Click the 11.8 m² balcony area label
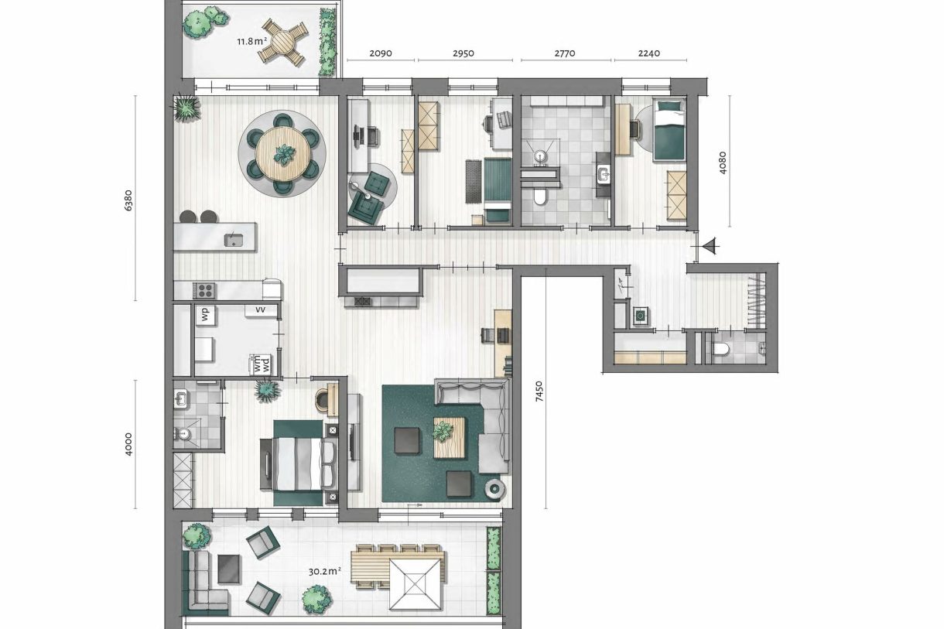pos(251,41)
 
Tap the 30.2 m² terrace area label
pos(326,572)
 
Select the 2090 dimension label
pos(380,54)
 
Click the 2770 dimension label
pos(566,54)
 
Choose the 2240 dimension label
pos(650,54)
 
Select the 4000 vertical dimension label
pos(128,444)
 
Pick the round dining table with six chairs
pos(284,154)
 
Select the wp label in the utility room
pos(205,314)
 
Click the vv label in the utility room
pos(261,309)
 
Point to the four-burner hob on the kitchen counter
pos(204,291)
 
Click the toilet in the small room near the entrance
pos(721,350)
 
